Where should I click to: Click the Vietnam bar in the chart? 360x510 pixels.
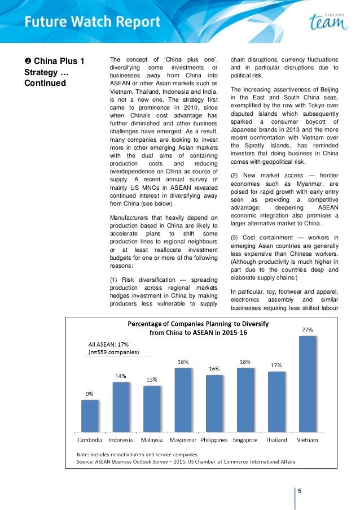pos(308,385)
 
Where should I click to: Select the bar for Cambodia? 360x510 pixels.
pos(90,416)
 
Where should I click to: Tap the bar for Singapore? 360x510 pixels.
pos(245,400)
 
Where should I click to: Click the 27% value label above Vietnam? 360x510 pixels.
pos(308,329)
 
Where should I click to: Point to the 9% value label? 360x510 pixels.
pos(89,394)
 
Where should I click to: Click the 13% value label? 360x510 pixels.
pos(152,380)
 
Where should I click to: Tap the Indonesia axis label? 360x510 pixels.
pos(120,439)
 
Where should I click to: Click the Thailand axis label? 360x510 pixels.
pos(276,439)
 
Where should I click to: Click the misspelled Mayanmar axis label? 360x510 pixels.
pos(183,439)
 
